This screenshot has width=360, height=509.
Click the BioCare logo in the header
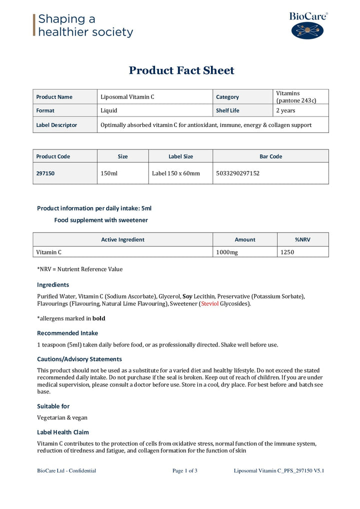coord(307,25)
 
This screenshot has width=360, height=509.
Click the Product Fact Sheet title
coord(181,70)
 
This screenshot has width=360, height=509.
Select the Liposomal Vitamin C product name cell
coord(127,97)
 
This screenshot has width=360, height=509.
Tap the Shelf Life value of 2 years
coord(285,110)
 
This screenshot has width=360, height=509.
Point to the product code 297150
coord(45,173)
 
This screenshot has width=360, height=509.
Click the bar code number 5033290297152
coord(238,173)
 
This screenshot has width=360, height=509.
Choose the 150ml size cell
coord(108,173)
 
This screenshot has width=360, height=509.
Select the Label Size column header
coord(180,156)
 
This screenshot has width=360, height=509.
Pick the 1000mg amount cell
coord(227,252)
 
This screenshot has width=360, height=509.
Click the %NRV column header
coord(302,239)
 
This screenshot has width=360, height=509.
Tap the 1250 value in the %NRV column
coord(287,252)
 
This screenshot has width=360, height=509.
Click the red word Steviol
coord(209,303)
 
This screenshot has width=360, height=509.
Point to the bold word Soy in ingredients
coord(187,296)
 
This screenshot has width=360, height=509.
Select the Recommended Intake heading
coord(67,333)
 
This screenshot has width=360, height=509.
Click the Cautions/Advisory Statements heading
coord(79,359)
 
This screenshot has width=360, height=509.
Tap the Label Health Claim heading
coord(63,432)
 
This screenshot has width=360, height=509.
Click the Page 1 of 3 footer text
coord(184,470)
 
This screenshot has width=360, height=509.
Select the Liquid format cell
coord(109,110)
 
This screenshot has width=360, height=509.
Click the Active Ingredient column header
coord(122,239)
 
